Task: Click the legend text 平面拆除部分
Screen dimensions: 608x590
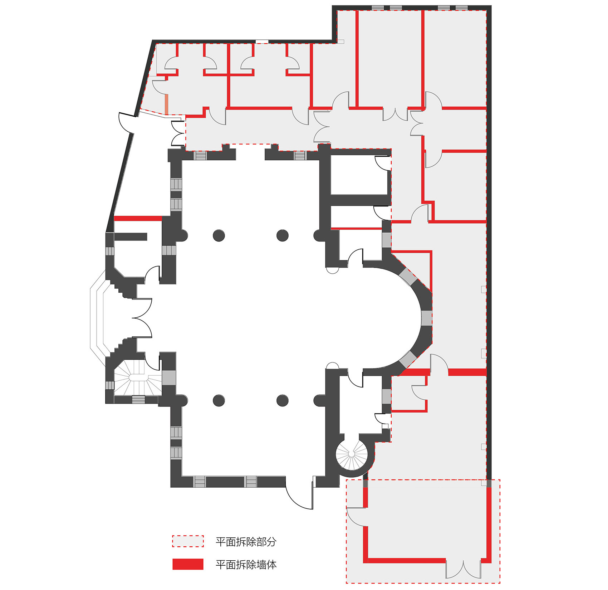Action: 246,541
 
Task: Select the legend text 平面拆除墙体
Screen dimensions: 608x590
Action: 246,565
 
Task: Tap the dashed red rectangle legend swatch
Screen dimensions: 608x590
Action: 188,541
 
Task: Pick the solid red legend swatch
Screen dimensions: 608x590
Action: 188,564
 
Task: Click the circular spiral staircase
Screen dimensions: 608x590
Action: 352,454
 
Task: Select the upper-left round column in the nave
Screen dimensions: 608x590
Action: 219,235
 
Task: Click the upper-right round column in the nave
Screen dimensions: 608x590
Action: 283,235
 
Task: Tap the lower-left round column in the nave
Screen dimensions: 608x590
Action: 219,400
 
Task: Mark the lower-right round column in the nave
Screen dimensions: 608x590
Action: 283,400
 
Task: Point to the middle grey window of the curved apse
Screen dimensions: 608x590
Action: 426,318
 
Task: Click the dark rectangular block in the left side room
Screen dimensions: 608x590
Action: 131,237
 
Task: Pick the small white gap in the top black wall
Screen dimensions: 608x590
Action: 262,42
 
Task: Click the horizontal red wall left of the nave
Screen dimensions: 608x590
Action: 138,218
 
